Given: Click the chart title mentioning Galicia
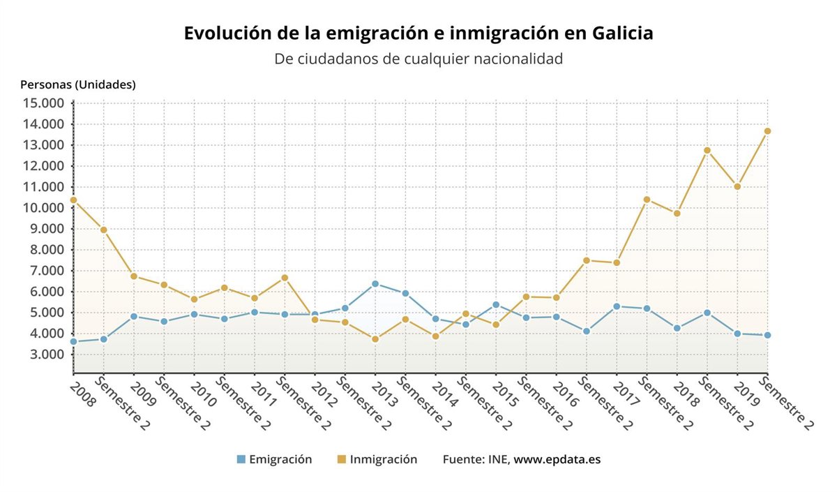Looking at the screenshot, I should [418, 33].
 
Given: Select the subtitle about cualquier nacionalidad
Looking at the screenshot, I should [418, 59].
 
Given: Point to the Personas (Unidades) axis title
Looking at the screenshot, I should [78, 85].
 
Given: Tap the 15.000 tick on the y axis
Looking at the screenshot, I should [43, 103].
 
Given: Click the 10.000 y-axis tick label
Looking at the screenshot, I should [43, 208].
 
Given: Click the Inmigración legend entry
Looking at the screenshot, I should [377, 459].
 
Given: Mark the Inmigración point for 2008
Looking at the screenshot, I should [73, 200].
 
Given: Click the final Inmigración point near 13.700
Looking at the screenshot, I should [767, 131].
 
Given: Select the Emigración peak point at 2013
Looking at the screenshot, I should [375, 284].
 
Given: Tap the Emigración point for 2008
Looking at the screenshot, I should [73, 341].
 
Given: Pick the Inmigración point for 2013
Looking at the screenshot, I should [375, 339].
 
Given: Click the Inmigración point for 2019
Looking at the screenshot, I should [737, 186].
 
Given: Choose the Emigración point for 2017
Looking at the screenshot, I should [617, 306].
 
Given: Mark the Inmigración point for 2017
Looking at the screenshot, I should [617, 263].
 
